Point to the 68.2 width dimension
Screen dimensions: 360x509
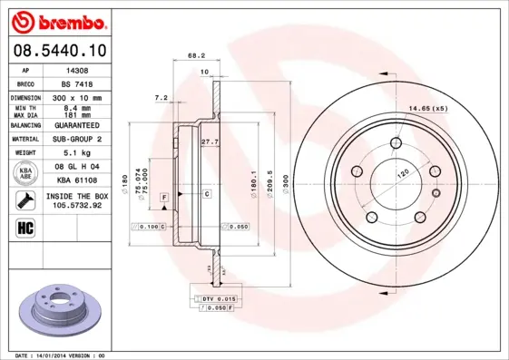coord(195,56)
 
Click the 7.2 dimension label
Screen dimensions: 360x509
coord(162,97)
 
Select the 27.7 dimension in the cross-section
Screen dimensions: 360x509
coord(210,141)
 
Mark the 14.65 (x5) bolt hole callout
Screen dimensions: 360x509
coord(429,109)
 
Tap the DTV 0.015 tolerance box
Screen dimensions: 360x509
coord(219,298)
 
